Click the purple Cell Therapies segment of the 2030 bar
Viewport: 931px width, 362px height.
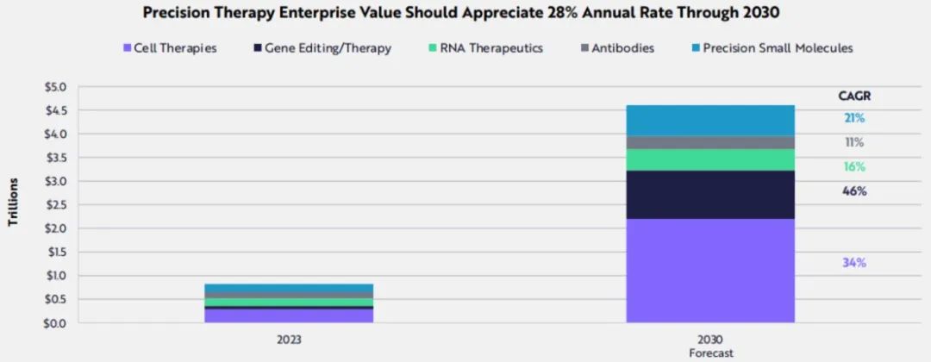click(x=709, y=270)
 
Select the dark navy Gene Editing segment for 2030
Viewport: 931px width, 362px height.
click(x=709, y=194)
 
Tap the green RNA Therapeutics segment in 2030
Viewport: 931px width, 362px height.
click(x=709, y=159)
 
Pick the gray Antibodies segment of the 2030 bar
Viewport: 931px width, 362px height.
click(x=709, y=142)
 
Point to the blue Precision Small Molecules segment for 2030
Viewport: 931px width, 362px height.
click(x=709, y=120)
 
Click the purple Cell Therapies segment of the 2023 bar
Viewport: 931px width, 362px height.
click(x=289, y=315)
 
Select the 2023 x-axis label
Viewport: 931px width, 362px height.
click(x=289, y=340)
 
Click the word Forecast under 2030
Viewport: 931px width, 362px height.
click(x=709, y=353)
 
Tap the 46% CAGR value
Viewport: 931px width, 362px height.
click(x=853, y=191)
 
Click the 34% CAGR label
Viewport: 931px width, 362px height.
click(x=853, y=263)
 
